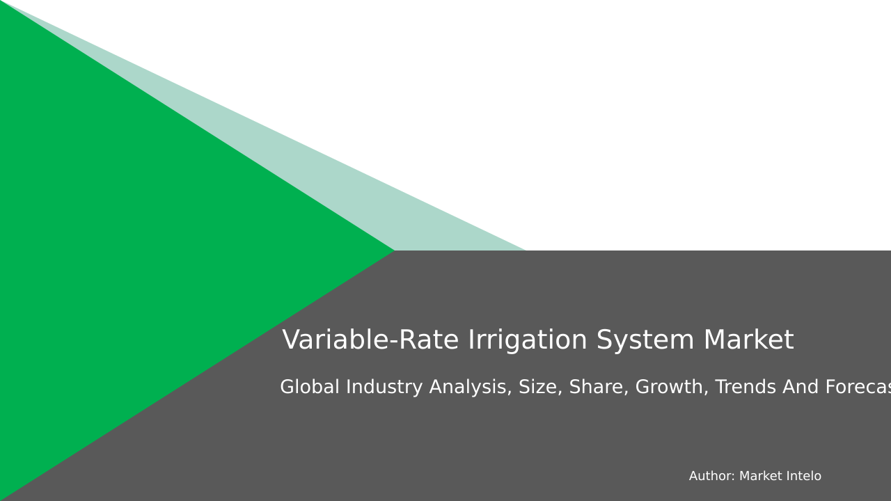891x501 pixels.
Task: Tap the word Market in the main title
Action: [x=748, y=340]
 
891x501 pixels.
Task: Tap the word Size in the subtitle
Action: [x=540, y=388]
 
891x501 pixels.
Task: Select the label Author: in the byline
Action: [x=711, y=477]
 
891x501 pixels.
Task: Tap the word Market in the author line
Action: [x=759, y=477]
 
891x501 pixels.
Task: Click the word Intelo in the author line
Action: [x=802, y=477]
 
